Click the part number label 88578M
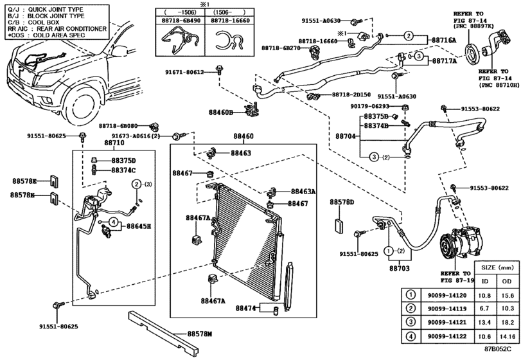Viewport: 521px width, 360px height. pyautogui.click(x=200, y=334)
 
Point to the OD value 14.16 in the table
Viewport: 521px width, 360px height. pyautogui.click(x=507, y=336)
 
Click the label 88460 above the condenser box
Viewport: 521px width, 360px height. pyautogui.click(x=243, y=136)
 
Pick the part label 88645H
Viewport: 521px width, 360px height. pyautogui.click(x=139, y=226)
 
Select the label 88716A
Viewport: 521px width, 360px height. pyautogui.click(x=445, y=40)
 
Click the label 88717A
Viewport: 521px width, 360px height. pyautogui.click(x=445, y=61)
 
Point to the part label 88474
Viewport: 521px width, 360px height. pyautogui.click(x=246, y=308)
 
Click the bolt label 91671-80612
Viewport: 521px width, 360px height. pyautogui.click(x=184, y=72)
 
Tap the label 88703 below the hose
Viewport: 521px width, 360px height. pyautogui.click(x=400, y=268)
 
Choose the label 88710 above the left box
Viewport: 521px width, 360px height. pyautogui.click(x=114, y=143)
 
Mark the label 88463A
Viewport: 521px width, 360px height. pyautogui.click(x=303, y=192)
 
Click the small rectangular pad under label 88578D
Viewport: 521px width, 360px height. pyautogui.click(x=339, y=226)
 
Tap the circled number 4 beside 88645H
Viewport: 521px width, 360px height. pyautogui.click(x=113, y=221)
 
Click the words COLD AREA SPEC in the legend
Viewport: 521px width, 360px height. pyautogui.click(x=59, y=35)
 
